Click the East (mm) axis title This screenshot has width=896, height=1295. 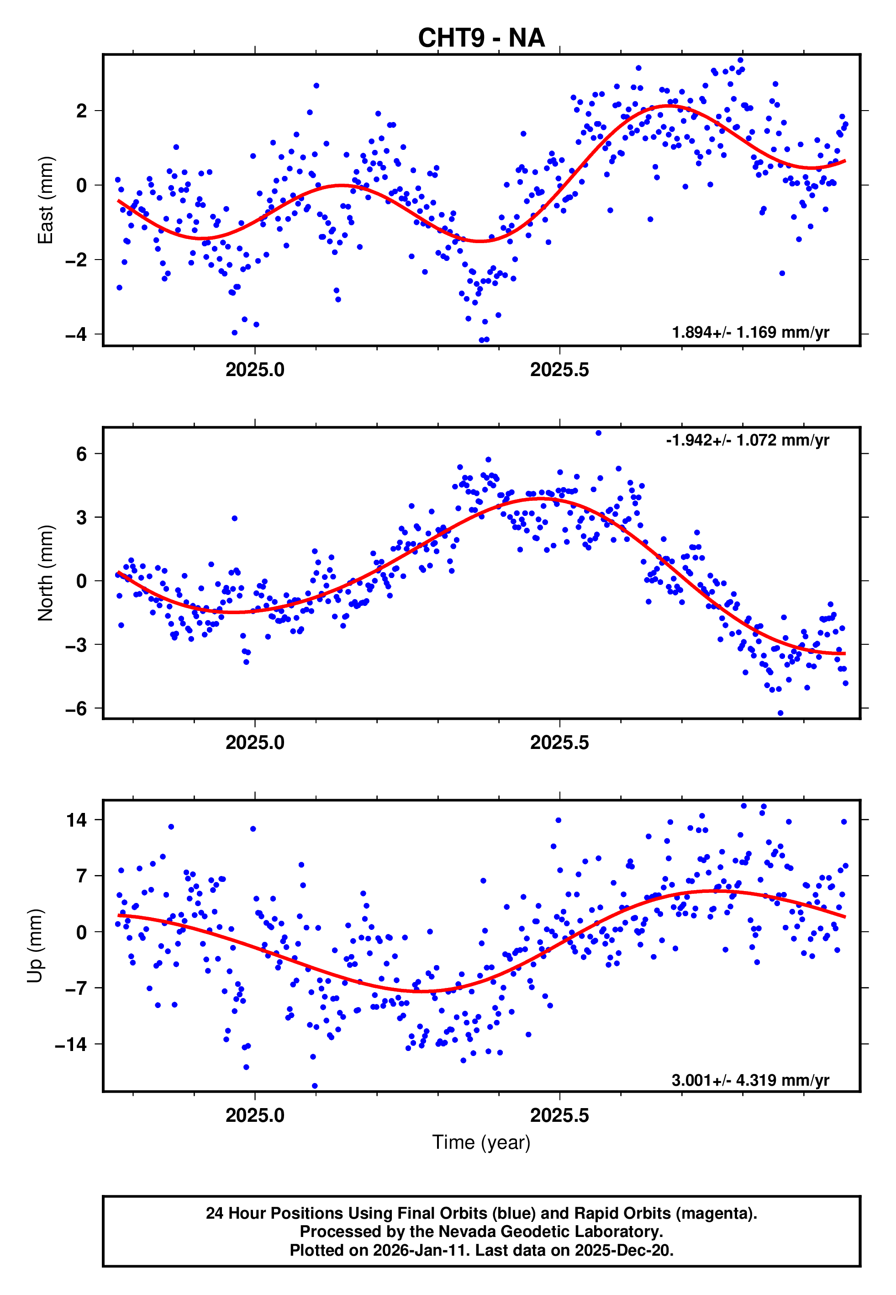45,200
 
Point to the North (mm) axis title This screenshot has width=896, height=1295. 45,573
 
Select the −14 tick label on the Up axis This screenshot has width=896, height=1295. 71,1045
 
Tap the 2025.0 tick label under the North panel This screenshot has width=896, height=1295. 255,743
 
